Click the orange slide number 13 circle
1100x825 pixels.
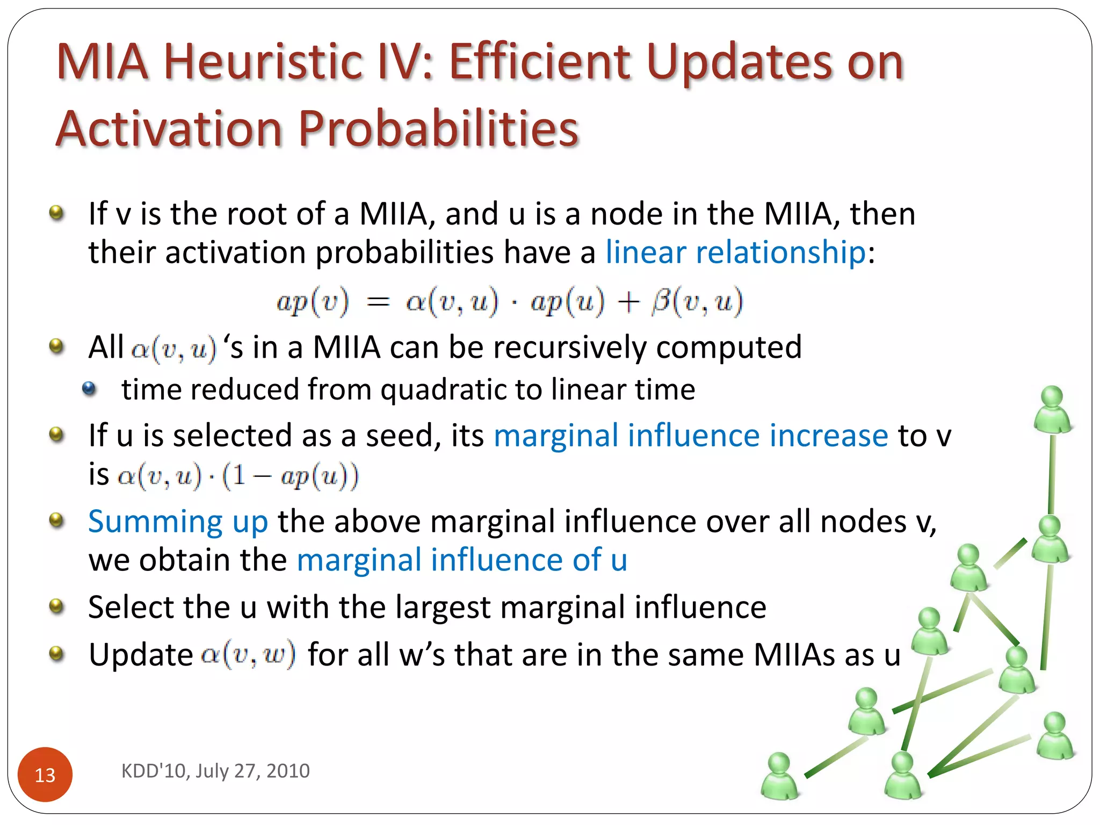tap(45, 774)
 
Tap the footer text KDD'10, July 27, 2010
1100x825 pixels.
tap(215, 771)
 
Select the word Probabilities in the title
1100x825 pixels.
tap(438, 129)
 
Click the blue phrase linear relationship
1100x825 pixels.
tap(735, 252)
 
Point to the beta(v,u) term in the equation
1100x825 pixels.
tap(697, 301)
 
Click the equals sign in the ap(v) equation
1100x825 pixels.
tap(378, 302)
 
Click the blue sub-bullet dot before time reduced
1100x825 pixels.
tap(89, 388)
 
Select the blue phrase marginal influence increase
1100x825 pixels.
tap(691, 435)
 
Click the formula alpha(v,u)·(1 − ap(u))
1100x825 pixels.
tap(237, 476)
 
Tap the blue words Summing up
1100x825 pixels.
tap(178, 522)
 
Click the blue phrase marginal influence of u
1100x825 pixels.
tap(462, 560)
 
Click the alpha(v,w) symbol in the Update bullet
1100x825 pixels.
tap(248, 654)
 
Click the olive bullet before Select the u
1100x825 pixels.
tap(56, 607)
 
